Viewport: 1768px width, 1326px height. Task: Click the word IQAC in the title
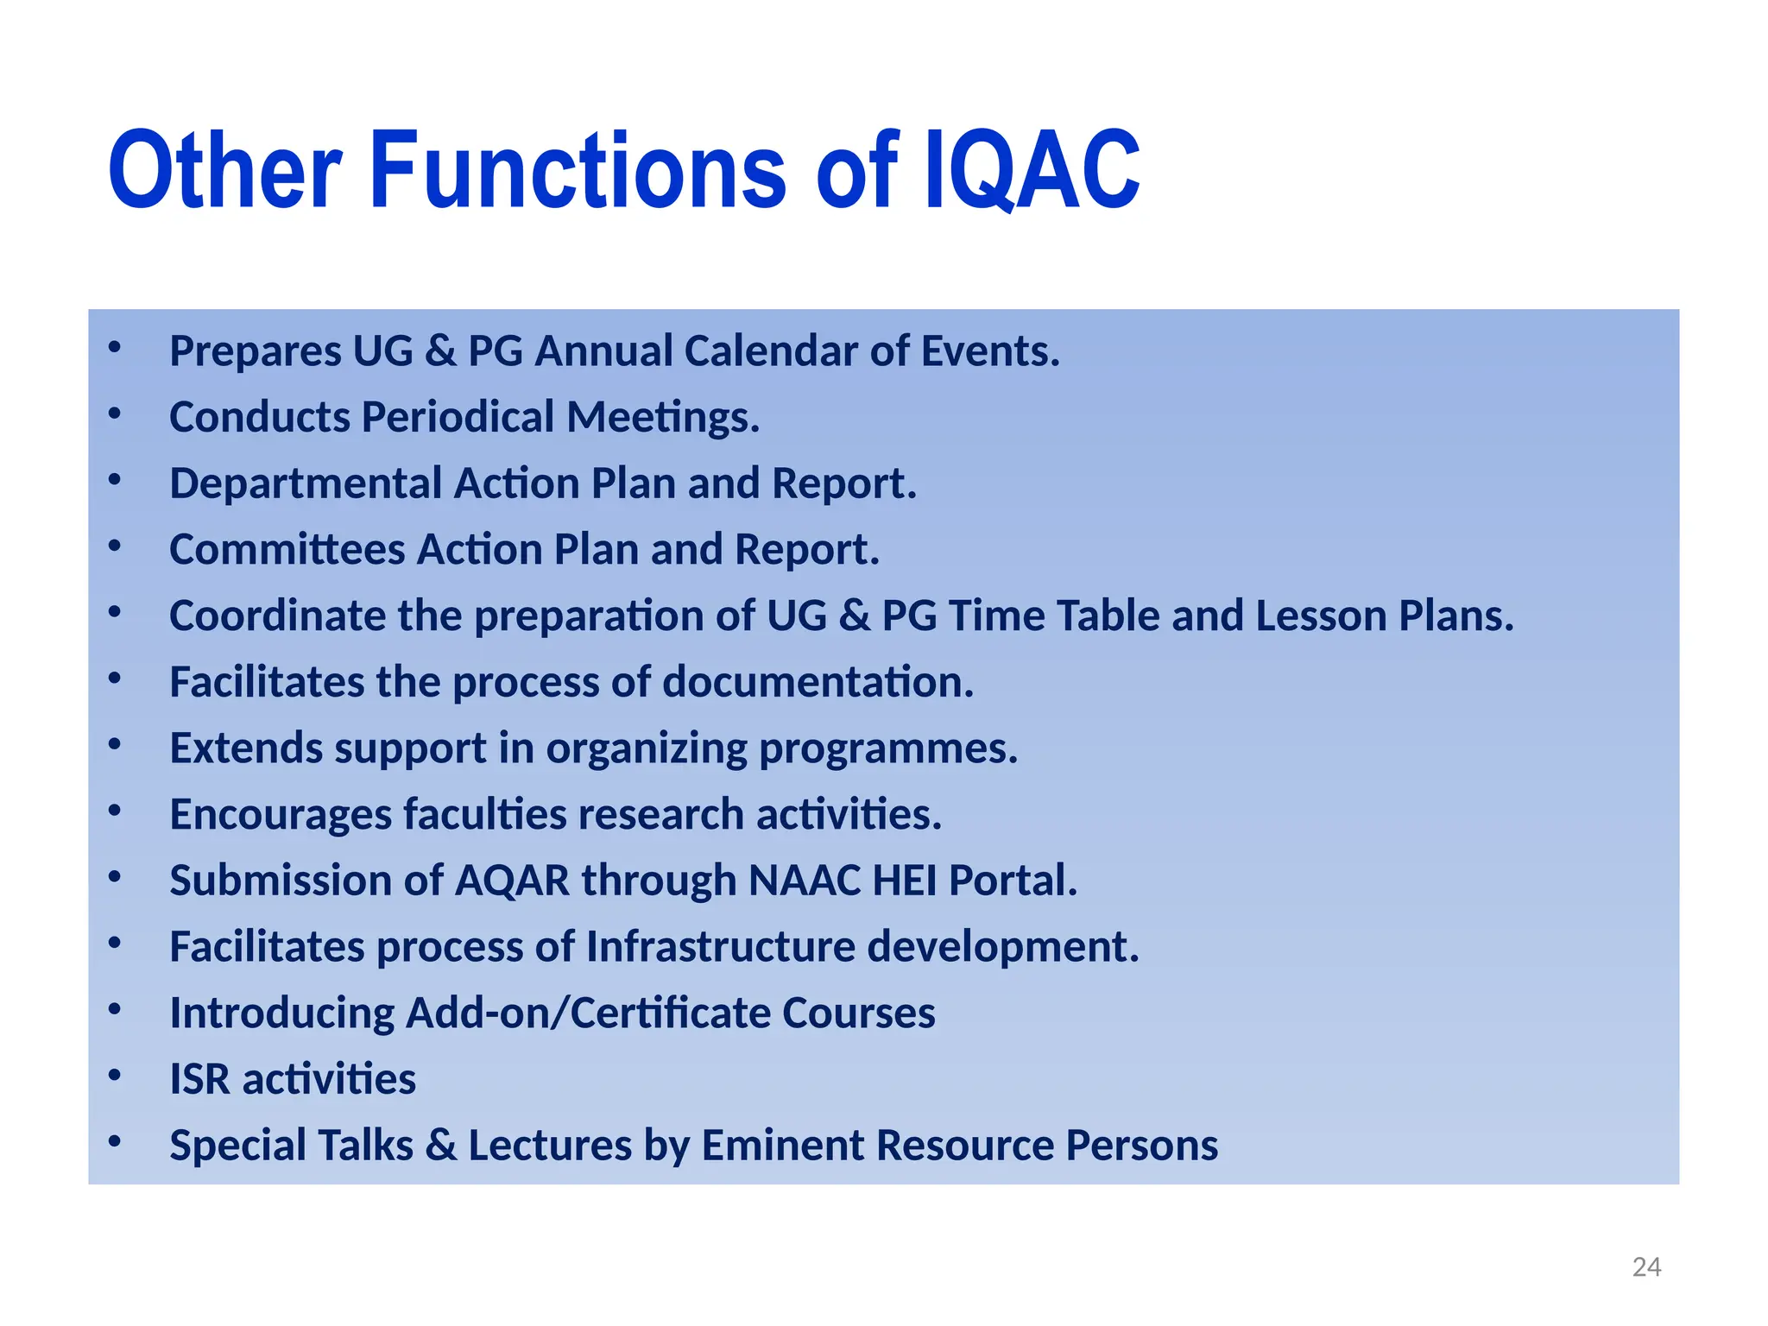[x=1032, y=170]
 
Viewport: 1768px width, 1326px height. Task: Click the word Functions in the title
[x=578, y=170]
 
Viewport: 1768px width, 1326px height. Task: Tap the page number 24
[x=1646, y=1266]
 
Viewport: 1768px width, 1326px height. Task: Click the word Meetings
[x=662, y=418]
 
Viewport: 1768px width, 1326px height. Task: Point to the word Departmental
[x=306, y=483]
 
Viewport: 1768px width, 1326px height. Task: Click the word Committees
[x=287, y=550]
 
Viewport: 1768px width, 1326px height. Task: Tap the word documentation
[x=818, y=683]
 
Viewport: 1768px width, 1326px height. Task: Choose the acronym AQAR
[x=512, y=881]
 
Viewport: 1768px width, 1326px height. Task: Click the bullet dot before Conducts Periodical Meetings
[x=114, y=414]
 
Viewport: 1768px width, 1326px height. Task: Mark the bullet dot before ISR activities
[x=114, y=1077]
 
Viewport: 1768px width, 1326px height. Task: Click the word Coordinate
[x=277, y=616]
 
